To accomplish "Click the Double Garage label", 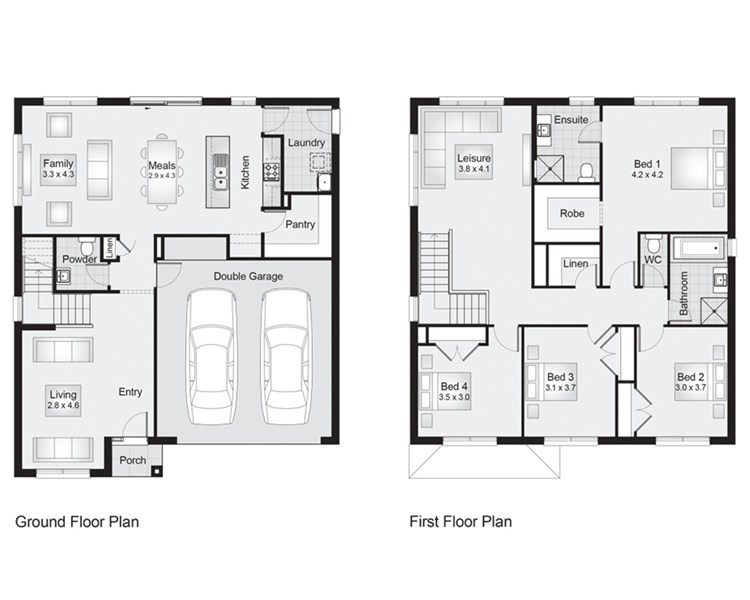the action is pos(248,276).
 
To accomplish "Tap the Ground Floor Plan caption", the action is pos(77,522).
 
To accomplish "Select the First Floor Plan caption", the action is pos(461,522).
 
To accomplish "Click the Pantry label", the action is pos(300,224).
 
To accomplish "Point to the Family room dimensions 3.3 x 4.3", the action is pos(58,175).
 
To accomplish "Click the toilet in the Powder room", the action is pos(87,246).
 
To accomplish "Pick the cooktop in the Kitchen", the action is pos(272,171).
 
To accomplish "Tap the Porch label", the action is pos(132,460).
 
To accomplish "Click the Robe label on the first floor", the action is pos(572,213).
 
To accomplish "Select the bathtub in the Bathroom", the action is pos(699,249).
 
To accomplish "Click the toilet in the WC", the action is pos(652,244).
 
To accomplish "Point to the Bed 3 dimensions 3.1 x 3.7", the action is pos(560,388).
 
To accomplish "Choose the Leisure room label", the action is pos(474,158).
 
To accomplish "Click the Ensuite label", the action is pos(571,120).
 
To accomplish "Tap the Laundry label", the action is pos(306,143).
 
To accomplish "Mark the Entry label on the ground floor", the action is pos(130,392).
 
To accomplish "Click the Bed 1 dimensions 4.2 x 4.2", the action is pos(647,175).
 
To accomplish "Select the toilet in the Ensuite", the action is pos(586,172).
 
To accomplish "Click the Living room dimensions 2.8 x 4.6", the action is pos(63,406).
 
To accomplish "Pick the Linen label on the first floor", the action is pos(575,264).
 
